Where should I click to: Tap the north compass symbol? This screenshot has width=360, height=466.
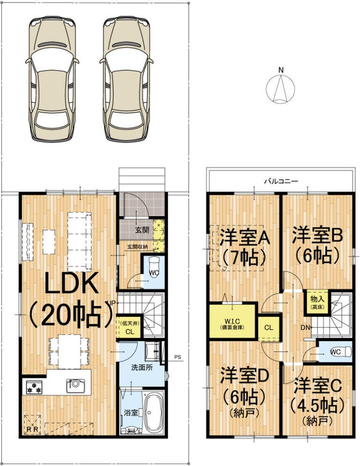281,88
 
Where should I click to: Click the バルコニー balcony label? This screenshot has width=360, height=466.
280,181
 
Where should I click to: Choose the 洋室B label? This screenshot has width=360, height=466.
317,235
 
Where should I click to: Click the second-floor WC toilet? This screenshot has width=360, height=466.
340,351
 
